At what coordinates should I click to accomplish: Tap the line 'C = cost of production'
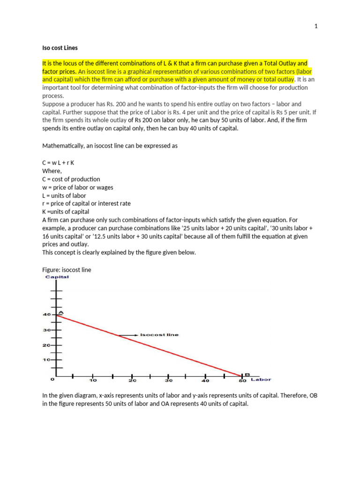[71, 179]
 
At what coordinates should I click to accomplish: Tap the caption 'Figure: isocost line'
[67, 270]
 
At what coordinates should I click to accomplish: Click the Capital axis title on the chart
[57, 277]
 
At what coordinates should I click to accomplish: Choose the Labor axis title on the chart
[261, 380]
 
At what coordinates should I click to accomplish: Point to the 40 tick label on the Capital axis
[47, 315]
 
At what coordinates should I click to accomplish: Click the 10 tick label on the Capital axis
[47, 360]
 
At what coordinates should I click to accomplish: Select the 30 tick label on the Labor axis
[169, 380]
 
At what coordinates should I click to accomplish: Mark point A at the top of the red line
[60, 312]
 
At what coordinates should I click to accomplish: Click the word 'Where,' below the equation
[52, 171]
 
